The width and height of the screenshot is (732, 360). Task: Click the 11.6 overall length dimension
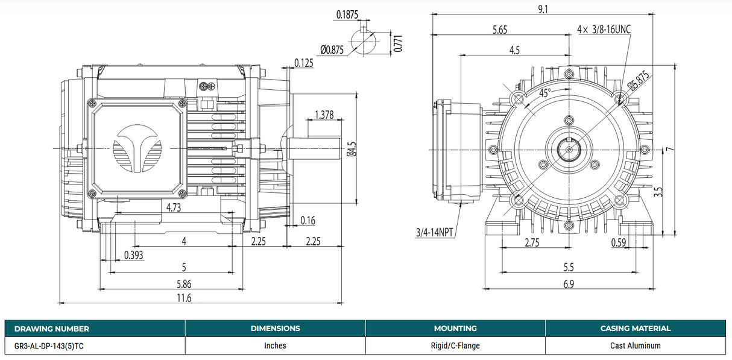pos(185,298)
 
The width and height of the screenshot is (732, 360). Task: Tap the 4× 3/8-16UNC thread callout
pos(604,29)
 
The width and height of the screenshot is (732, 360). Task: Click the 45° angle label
pos(544,93)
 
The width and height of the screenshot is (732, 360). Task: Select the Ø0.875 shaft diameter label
pos(332,50)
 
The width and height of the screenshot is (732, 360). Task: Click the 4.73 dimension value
pos(174,207)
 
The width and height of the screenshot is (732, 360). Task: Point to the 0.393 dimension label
pos(134,254)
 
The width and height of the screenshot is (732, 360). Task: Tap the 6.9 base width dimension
pos(568,283)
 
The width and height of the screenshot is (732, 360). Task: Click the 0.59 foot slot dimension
pos(618,242)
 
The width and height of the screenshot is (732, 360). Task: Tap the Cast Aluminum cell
pos(635,346)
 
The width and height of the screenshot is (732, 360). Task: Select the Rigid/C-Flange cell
pos(455,346)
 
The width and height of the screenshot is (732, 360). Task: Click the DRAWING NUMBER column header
pos(51,329)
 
